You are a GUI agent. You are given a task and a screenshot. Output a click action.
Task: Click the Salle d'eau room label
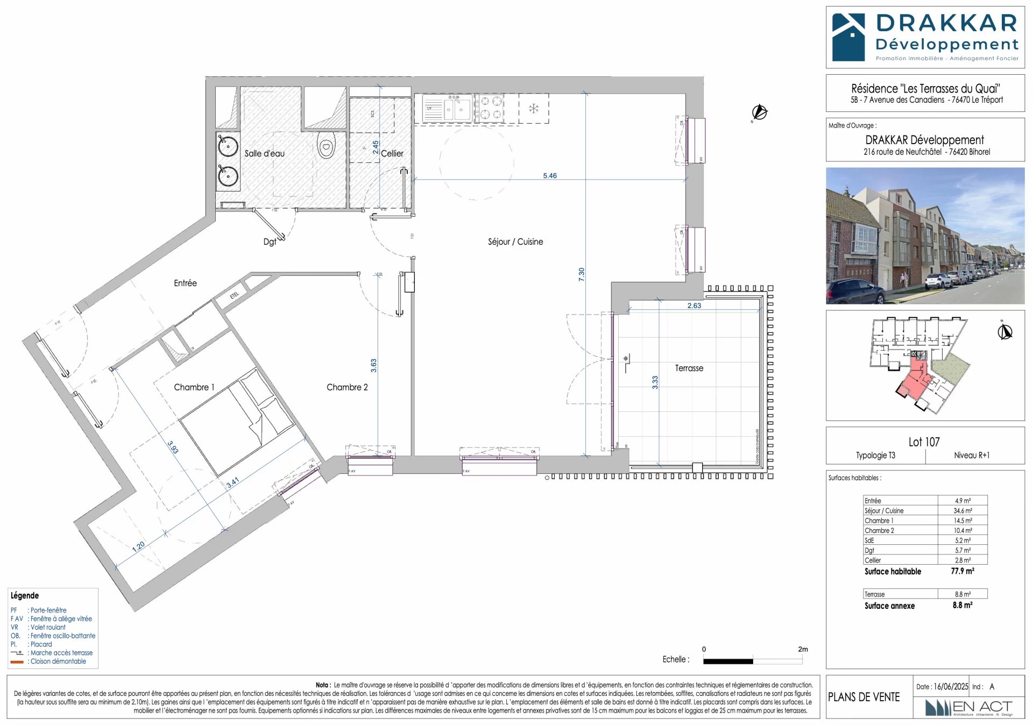(264, 153)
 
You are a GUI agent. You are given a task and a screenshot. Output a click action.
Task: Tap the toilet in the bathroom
(326, 145)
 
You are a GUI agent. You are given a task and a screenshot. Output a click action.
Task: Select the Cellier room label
(392, 153)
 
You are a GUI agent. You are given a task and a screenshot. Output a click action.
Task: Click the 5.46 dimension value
(549, 176)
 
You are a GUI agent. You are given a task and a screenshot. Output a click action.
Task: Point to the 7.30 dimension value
(581, 274)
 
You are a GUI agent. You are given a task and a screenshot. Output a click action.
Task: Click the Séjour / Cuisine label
(515, 242)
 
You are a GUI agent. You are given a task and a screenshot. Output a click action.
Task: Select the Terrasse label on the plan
(689, 368)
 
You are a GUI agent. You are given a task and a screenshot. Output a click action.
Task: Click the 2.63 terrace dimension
(694, 305)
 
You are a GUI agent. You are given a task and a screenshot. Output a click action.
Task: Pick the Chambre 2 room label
(347, 387)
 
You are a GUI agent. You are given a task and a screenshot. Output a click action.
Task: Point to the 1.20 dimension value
(138, 546)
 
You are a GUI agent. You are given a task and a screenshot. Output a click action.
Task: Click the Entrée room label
(185, 283)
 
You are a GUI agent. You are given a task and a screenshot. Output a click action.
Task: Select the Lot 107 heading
(924, 442)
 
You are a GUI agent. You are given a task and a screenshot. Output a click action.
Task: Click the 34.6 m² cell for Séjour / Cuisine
(963, 511)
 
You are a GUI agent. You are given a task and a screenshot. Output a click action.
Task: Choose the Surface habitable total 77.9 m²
(962, 571)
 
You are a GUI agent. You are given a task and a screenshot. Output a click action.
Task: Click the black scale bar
(728, 661)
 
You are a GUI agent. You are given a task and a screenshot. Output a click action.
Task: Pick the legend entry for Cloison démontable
(58, 661)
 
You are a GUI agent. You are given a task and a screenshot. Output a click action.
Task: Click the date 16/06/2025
(951, 687)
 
